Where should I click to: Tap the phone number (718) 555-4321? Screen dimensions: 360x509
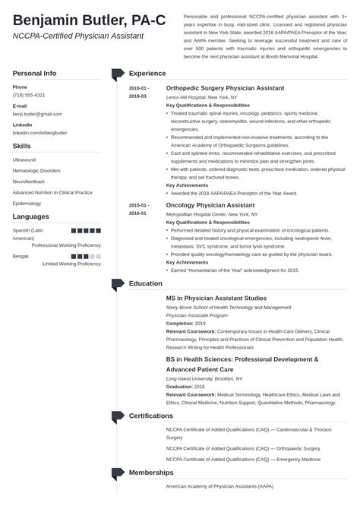(x=29, y=95)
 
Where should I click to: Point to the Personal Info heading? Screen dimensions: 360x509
(x=34, y=73)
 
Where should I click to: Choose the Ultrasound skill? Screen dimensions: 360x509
(x=24, y=160)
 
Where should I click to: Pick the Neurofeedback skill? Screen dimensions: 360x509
(x=30, y=182)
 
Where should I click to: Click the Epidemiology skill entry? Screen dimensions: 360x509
(x=28, y=203)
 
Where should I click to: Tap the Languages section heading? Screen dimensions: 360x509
(x=31, y=217)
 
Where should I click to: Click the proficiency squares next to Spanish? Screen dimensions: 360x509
(x=86, y=229)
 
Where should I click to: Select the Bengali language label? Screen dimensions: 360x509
(x=21, y=257)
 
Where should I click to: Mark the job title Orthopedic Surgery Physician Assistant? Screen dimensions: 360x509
(x=226, y=88)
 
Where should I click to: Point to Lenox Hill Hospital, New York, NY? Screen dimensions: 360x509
(x=202, y=98)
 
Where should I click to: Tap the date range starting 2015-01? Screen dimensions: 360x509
(x=138, y=209)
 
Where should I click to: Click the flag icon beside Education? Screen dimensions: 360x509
(x=117, y=284)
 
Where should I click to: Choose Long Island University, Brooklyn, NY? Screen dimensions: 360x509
(x=204, y=378)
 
